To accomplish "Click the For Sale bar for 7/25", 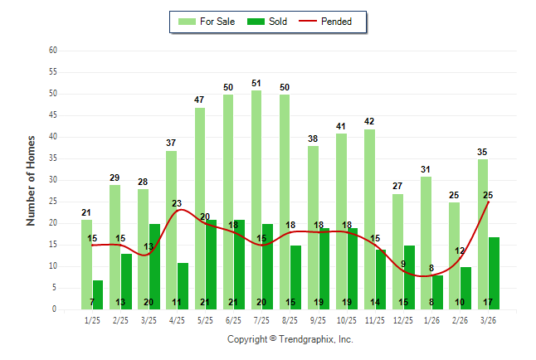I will [256, 199].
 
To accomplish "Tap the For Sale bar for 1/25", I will [87, 264].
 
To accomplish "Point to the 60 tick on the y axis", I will [52, 51].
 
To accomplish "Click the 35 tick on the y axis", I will [52, 158].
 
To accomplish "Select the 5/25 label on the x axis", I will [205, 319].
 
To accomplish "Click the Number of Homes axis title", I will [31, 180].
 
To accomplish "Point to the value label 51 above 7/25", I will [256, 83].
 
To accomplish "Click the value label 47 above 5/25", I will [199, 100].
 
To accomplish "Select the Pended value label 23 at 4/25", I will [177, 203].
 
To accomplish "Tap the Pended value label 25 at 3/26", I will [488, 195].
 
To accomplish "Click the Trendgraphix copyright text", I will [290, 339].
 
